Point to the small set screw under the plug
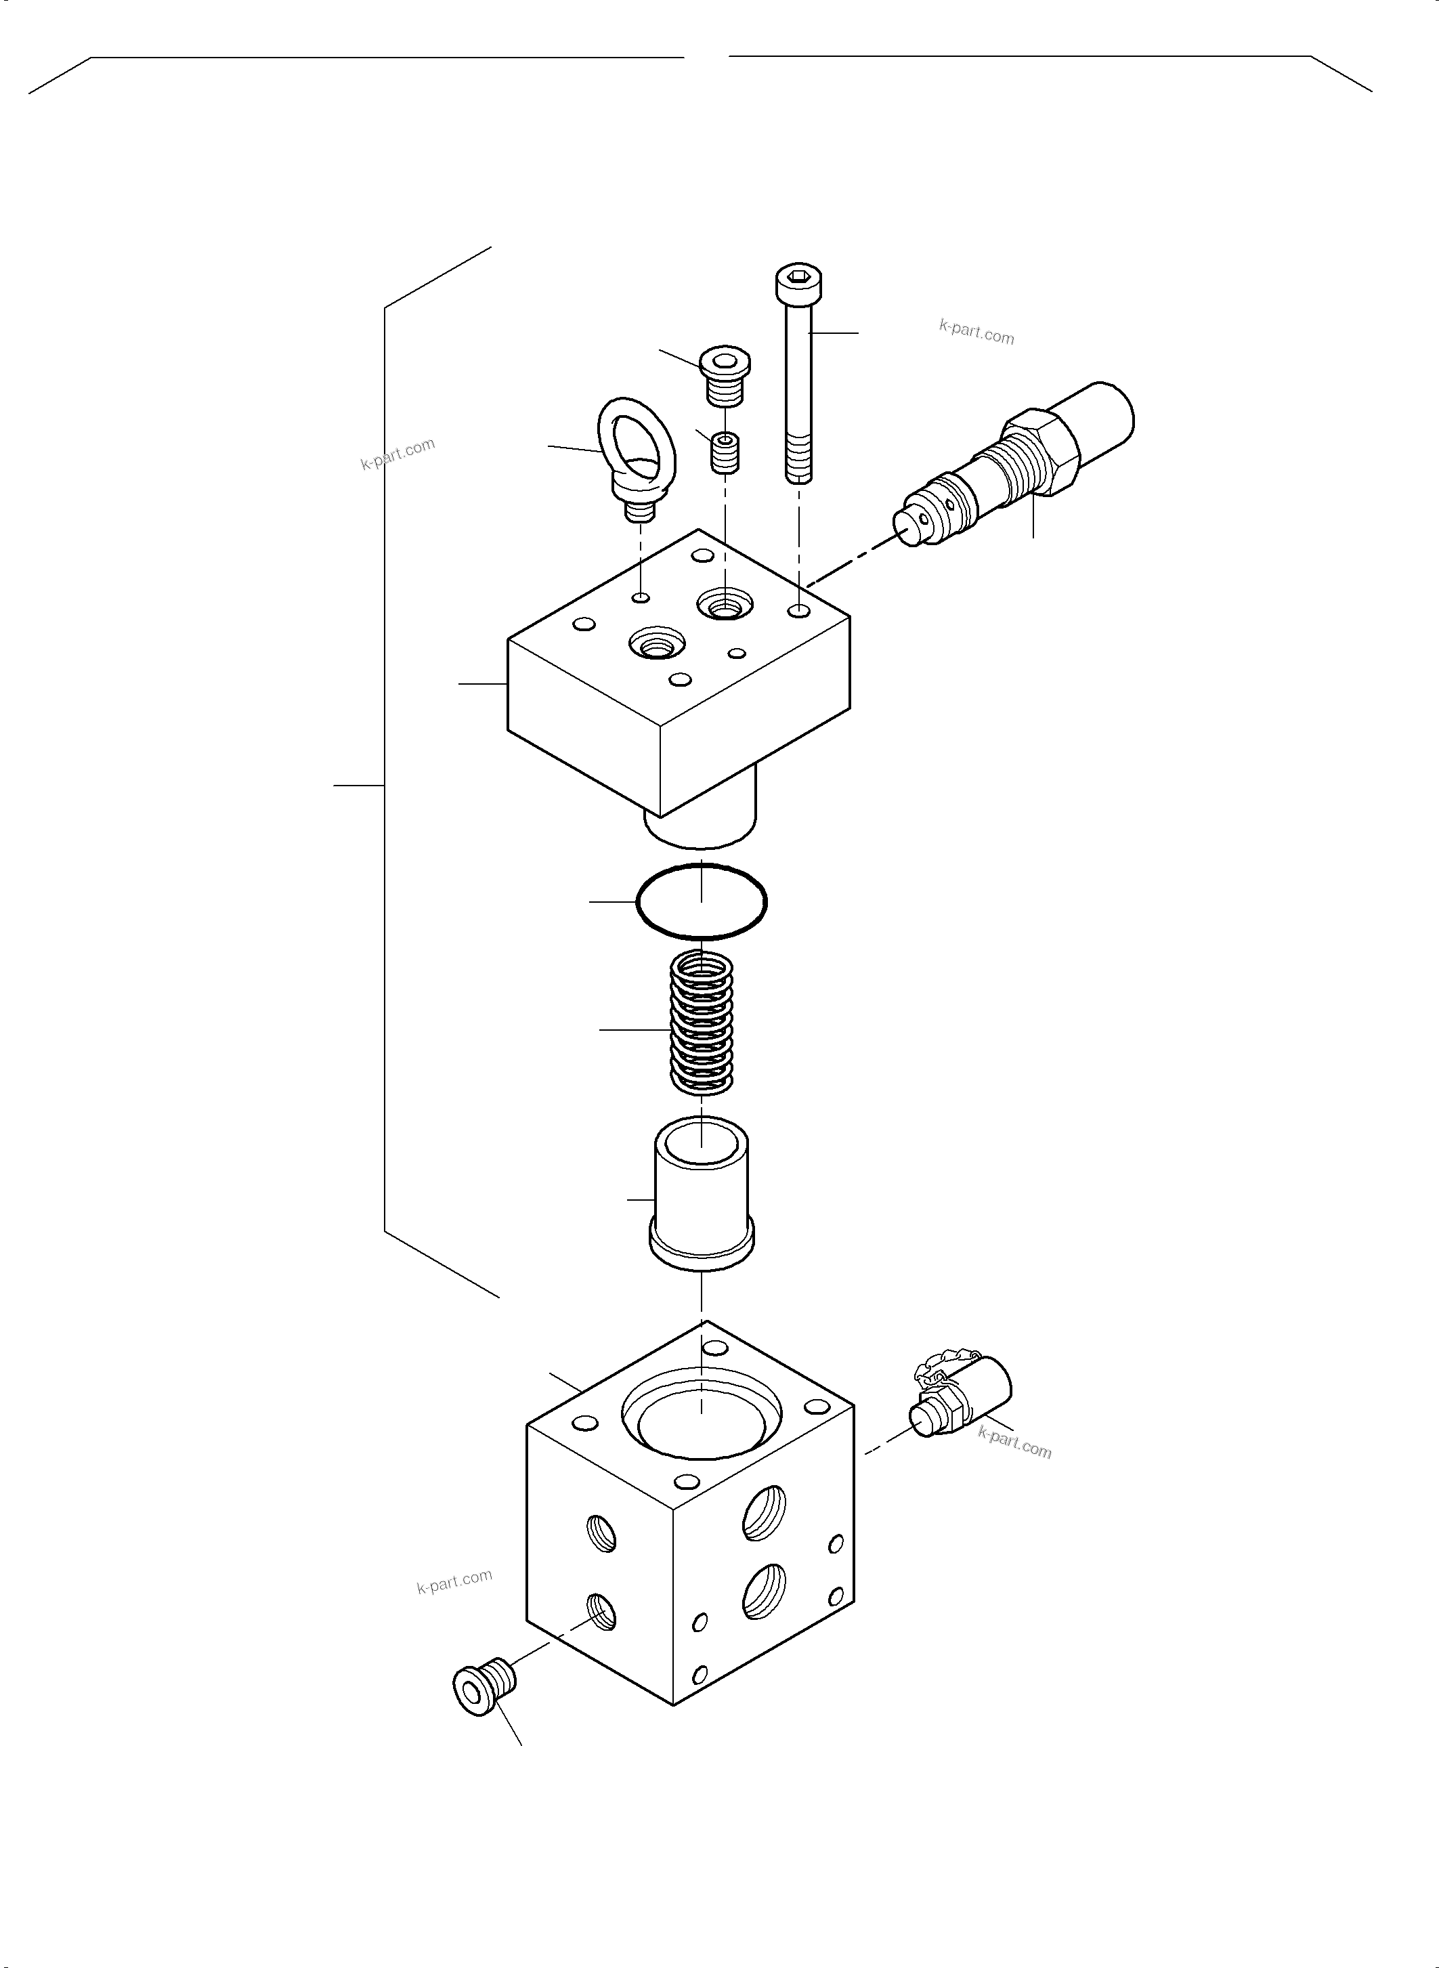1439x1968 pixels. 725,452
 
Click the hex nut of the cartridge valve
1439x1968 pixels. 1044,450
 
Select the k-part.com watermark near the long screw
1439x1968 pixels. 976,332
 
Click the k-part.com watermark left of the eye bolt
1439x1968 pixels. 398,454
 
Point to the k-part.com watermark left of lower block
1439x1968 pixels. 454,1581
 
